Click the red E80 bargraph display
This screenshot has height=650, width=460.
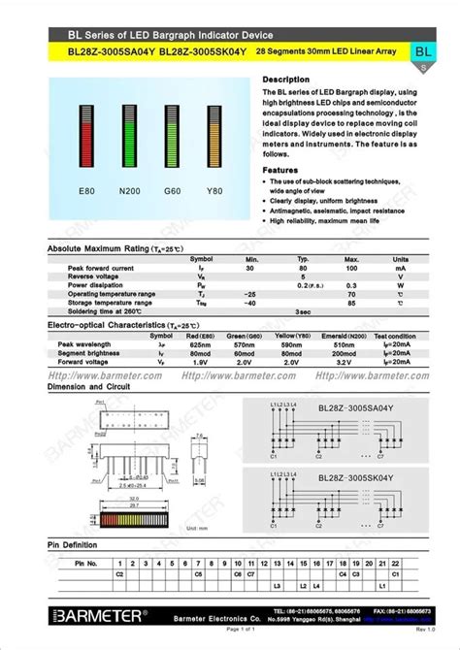(86, 135)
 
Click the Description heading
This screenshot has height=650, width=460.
(286, 79)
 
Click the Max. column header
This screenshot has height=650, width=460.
(351, 259)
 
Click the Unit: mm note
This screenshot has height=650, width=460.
(198, 528)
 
